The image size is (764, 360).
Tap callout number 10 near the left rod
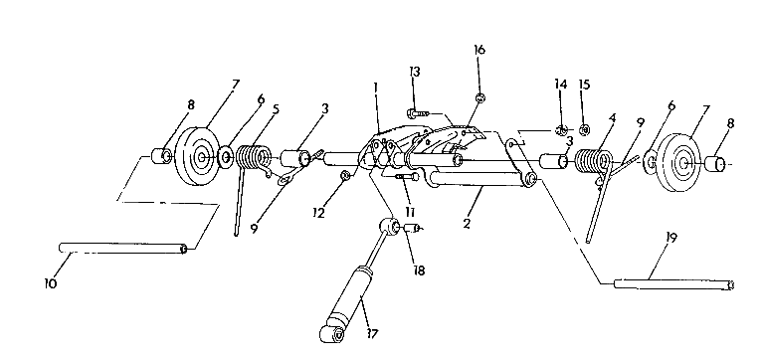51,284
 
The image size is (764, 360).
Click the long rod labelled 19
673,286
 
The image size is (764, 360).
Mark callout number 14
562,85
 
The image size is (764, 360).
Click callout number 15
584,85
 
